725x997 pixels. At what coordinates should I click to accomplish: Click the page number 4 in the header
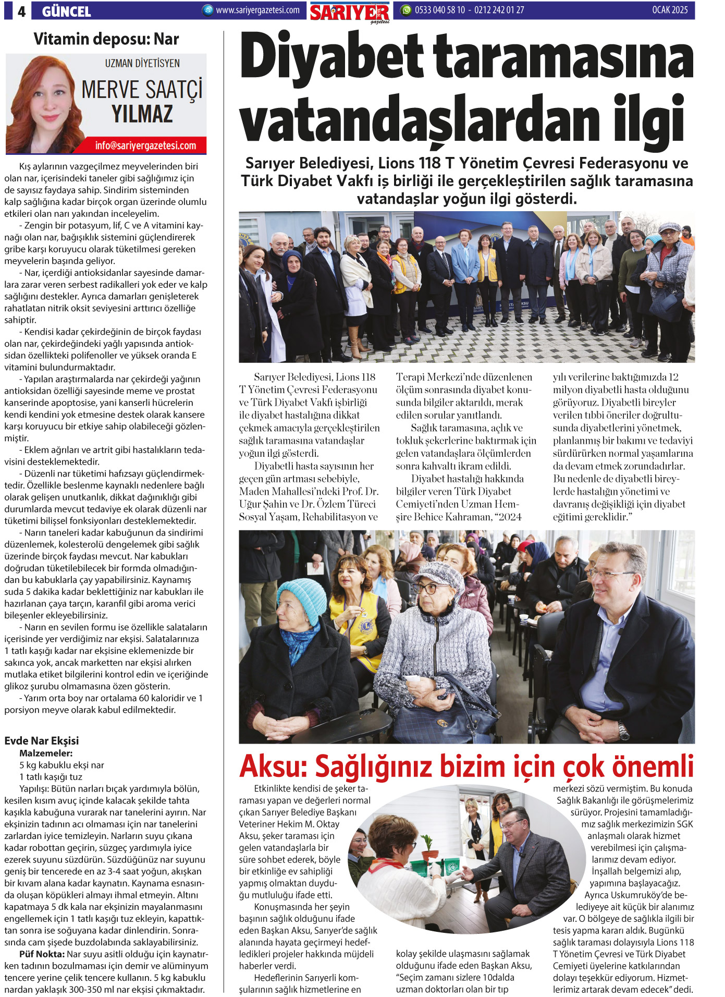coord(21,11)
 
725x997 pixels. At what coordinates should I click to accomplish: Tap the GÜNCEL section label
coord(66,11)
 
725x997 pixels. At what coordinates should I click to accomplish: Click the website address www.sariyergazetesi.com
coord(257,10)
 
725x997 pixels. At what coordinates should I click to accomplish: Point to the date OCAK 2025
coord(670,10)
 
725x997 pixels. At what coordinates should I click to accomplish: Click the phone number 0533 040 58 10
coord(439,10)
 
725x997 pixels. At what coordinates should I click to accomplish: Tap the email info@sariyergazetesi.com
coord(145,145)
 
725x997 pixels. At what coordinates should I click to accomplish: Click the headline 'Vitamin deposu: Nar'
coord(106,39)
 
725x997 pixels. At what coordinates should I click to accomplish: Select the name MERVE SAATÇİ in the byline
coord(142,90)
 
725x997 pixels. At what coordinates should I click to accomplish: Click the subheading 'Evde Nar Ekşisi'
coord(41,740)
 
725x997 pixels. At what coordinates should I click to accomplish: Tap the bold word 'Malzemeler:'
coord(46,753)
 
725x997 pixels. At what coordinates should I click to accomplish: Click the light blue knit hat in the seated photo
coord(302,600)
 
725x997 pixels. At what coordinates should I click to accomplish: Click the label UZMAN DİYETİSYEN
coord(142,64)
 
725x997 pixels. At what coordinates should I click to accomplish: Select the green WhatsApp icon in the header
coord(405,10)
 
